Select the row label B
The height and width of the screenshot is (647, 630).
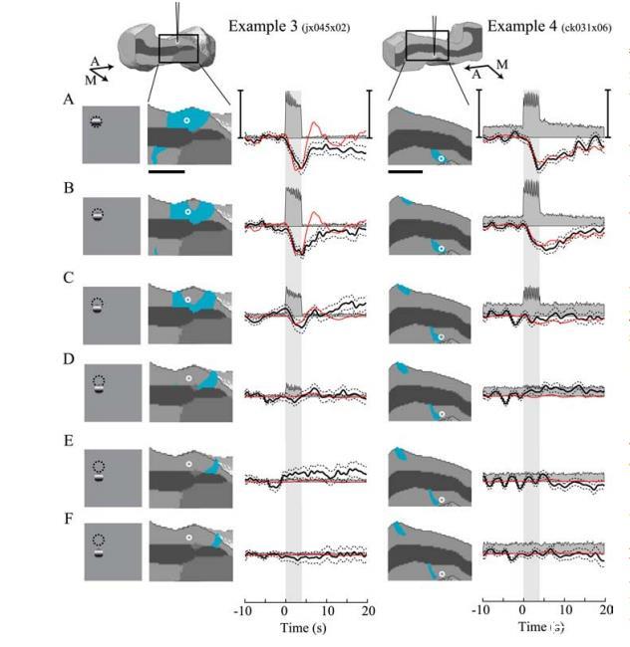click(x=67, y=186)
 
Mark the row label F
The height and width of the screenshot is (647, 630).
click(x=67, y=520)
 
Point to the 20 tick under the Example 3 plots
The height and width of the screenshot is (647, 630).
click(x=368, y=608)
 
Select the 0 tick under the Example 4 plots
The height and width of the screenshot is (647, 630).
click(x=523, y=608)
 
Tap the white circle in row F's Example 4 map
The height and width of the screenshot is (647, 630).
click(x=441, y=572)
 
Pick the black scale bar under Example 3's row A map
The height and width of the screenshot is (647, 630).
click(x=165, y=170)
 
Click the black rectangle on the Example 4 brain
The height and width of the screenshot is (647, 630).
click(x=427, y=45)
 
